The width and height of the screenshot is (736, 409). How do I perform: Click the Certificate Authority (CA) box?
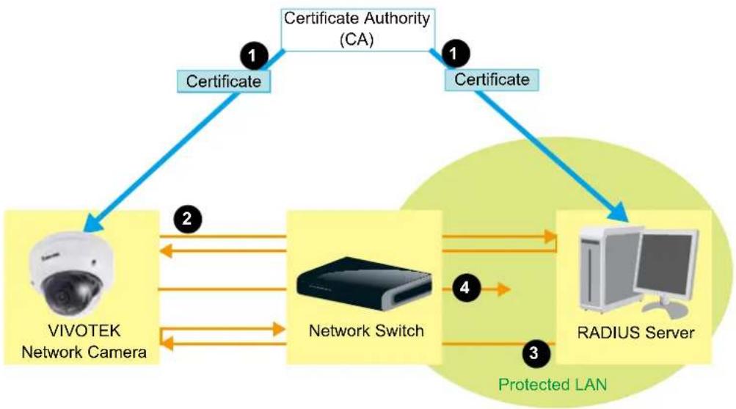[x=357, y=29]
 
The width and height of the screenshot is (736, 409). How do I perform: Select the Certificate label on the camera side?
[x=223, y=82]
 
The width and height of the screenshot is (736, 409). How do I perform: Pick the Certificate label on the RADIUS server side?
[x=492, y=79]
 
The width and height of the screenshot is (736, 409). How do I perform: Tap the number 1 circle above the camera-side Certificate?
[x=254, y=56]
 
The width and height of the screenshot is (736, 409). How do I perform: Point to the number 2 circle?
[x=187, y=219]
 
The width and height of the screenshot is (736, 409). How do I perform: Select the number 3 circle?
[x=534, y=352]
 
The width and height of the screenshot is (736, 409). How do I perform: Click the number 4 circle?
[x=464, y=287]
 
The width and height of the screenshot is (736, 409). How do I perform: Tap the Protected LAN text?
[x=553, y=385]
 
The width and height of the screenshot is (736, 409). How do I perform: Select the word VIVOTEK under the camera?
[x=84, y=330]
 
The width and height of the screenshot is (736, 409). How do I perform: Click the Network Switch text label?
[x=366, y=330]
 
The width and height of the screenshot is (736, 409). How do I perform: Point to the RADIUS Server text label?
[x=635, y=333]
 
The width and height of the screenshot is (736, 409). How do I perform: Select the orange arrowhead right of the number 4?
[x=503, y=289]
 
